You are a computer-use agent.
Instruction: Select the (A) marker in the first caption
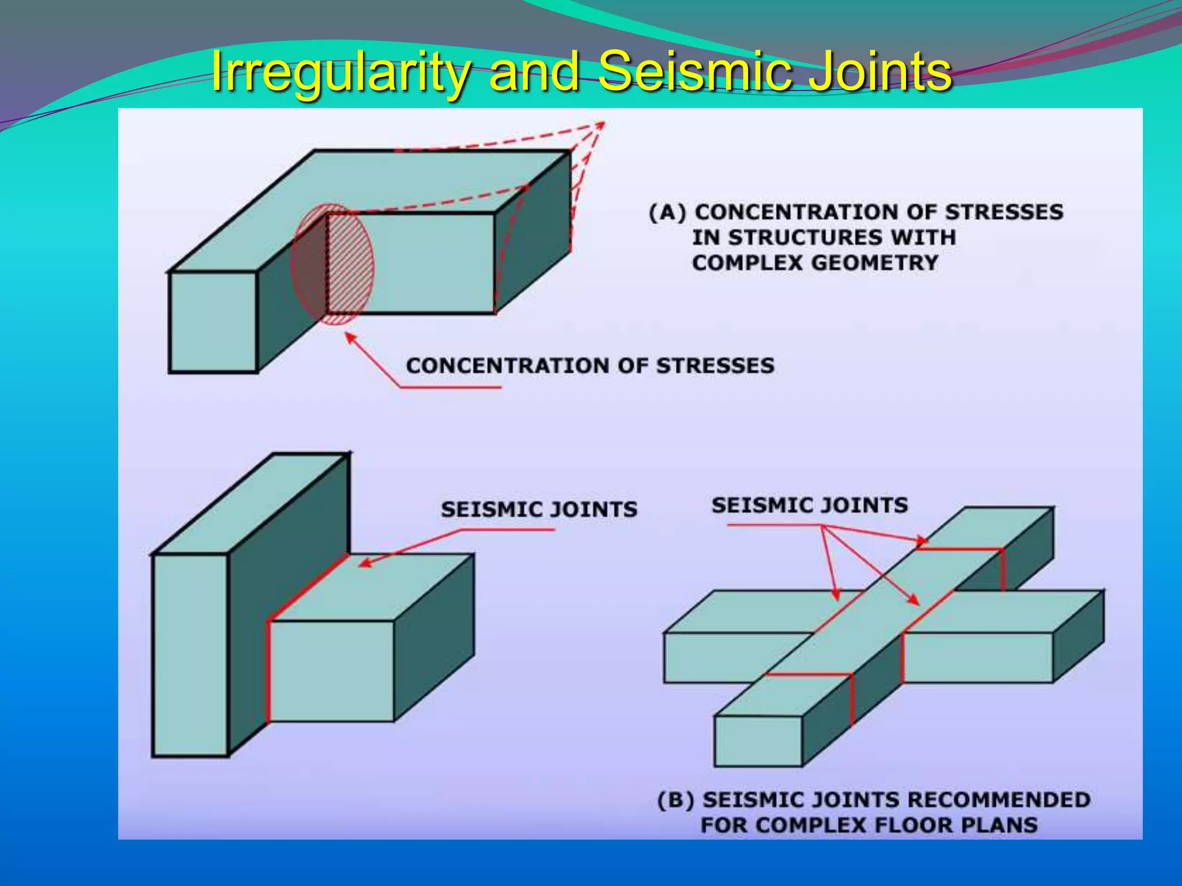(667, 213)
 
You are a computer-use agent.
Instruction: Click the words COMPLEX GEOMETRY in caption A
(815, 263)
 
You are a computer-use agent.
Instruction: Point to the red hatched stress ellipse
(332, 264)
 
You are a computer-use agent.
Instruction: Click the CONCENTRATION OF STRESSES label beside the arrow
(590, 366)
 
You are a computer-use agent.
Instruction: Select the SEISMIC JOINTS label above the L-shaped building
(539, 509)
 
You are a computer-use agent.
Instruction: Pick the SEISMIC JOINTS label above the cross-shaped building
(809, 505)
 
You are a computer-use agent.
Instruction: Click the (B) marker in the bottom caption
(675, 801)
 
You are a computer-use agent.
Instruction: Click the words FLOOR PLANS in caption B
(955, 825)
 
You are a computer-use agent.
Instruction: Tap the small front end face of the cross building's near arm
(758, 741)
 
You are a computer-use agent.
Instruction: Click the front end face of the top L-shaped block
(213, 322)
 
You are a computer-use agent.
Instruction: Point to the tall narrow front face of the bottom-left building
(190, 655)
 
